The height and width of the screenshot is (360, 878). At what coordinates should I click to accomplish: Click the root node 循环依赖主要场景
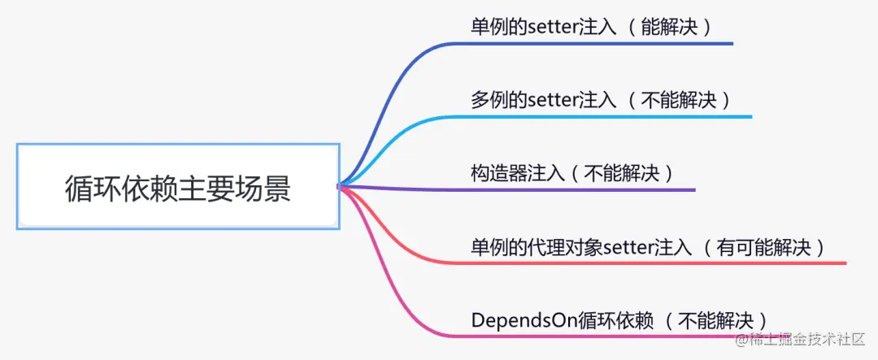[x=177, y=188]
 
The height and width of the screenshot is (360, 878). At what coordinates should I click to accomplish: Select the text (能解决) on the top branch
[x=671, y=26]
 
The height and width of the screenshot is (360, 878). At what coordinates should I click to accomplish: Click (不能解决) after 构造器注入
[x=622, y=173]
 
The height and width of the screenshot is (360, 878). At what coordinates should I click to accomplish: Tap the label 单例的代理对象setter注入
[x=581, y=247]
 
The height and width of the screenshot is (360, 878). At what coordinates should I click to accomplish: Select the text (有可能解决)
[x=766, y=247]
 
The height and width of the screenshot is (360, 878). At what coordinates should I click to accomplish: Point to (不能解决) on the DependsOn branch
[x=716, y=320]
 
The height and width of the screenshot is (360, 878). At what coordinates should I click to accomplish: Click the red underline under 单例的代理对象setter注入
[x=650, y=263]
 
